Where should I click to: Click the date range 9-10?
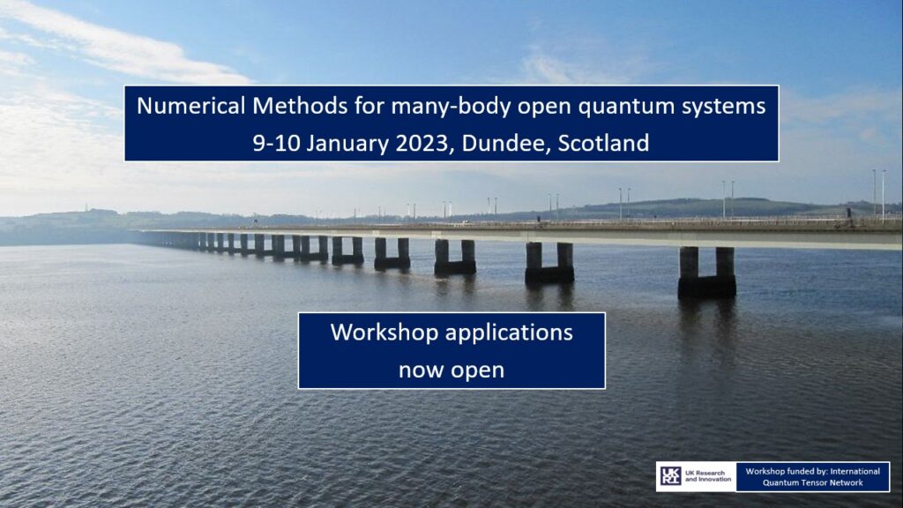pyautogui.click(x=276, y=144)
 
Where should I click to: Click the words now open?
pyautogui.click(x=451, y=370)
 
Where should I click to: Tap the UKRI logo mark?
pyautogui.click(x=670, y=476)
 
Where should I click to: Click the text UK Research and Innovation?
pyautogui.click(x=708, y=476)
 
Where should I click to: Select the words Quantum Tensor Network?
pyautogui.click(x=812, y=482)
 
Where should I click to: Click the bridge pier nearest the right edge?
pyautogui.click(x=706, y=272)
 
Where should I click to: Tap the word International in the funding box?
pyautogui.click(x=855, y=471)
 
